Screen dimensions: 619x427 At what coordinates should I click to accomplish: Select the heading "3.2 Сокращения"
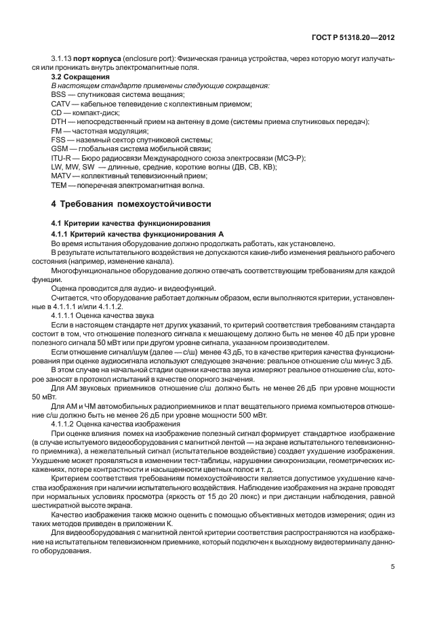click(x=73, y=77)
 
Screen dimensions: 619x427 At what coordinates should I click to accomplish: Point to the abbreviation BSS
click(x=58, y=95)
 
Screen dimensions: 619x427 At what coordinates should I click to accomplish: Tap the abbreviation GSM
click(x=59, y=148)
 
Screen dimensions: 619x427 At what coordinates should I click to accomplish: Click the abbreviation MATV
click(x=60, y=175)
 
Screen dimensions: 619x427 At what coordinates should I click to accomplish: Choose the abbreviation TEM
click(x=58, y=184)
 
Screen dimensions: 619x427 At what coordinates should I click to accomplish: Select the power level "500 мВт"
click(x=252, y=414)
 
